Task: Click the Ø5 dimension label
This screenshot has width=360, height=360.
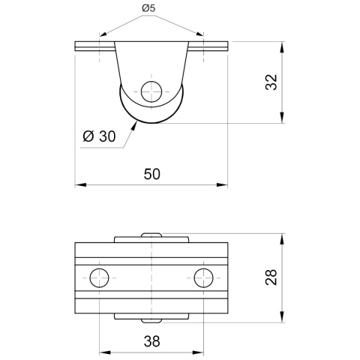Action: [x=148, y=8]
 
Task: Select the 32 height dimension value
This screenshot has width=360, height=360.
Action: [x=271, y=82]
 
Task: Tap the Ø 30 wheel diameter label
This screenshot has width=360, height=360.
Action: [x=99, y=136]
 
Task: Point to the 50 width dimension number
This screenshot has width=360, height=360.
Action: [x=151, y=174]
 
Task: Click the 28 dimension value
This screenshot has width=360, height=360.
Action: [x=271, y=277]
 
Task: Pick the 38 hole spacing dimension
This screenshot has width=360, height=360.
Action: [x=151, y=341]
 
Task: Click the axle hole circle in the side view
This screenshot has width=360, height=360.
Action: [x=151, y=91]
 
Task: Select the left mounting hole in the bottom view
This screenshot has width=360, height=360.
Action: [x=99, y=278]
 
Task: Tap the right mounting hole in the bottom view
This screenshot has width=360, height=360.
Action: [x=204, y=278]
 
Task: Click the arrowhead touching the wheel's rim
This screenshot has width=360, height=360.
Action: [x=133, y=125]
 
